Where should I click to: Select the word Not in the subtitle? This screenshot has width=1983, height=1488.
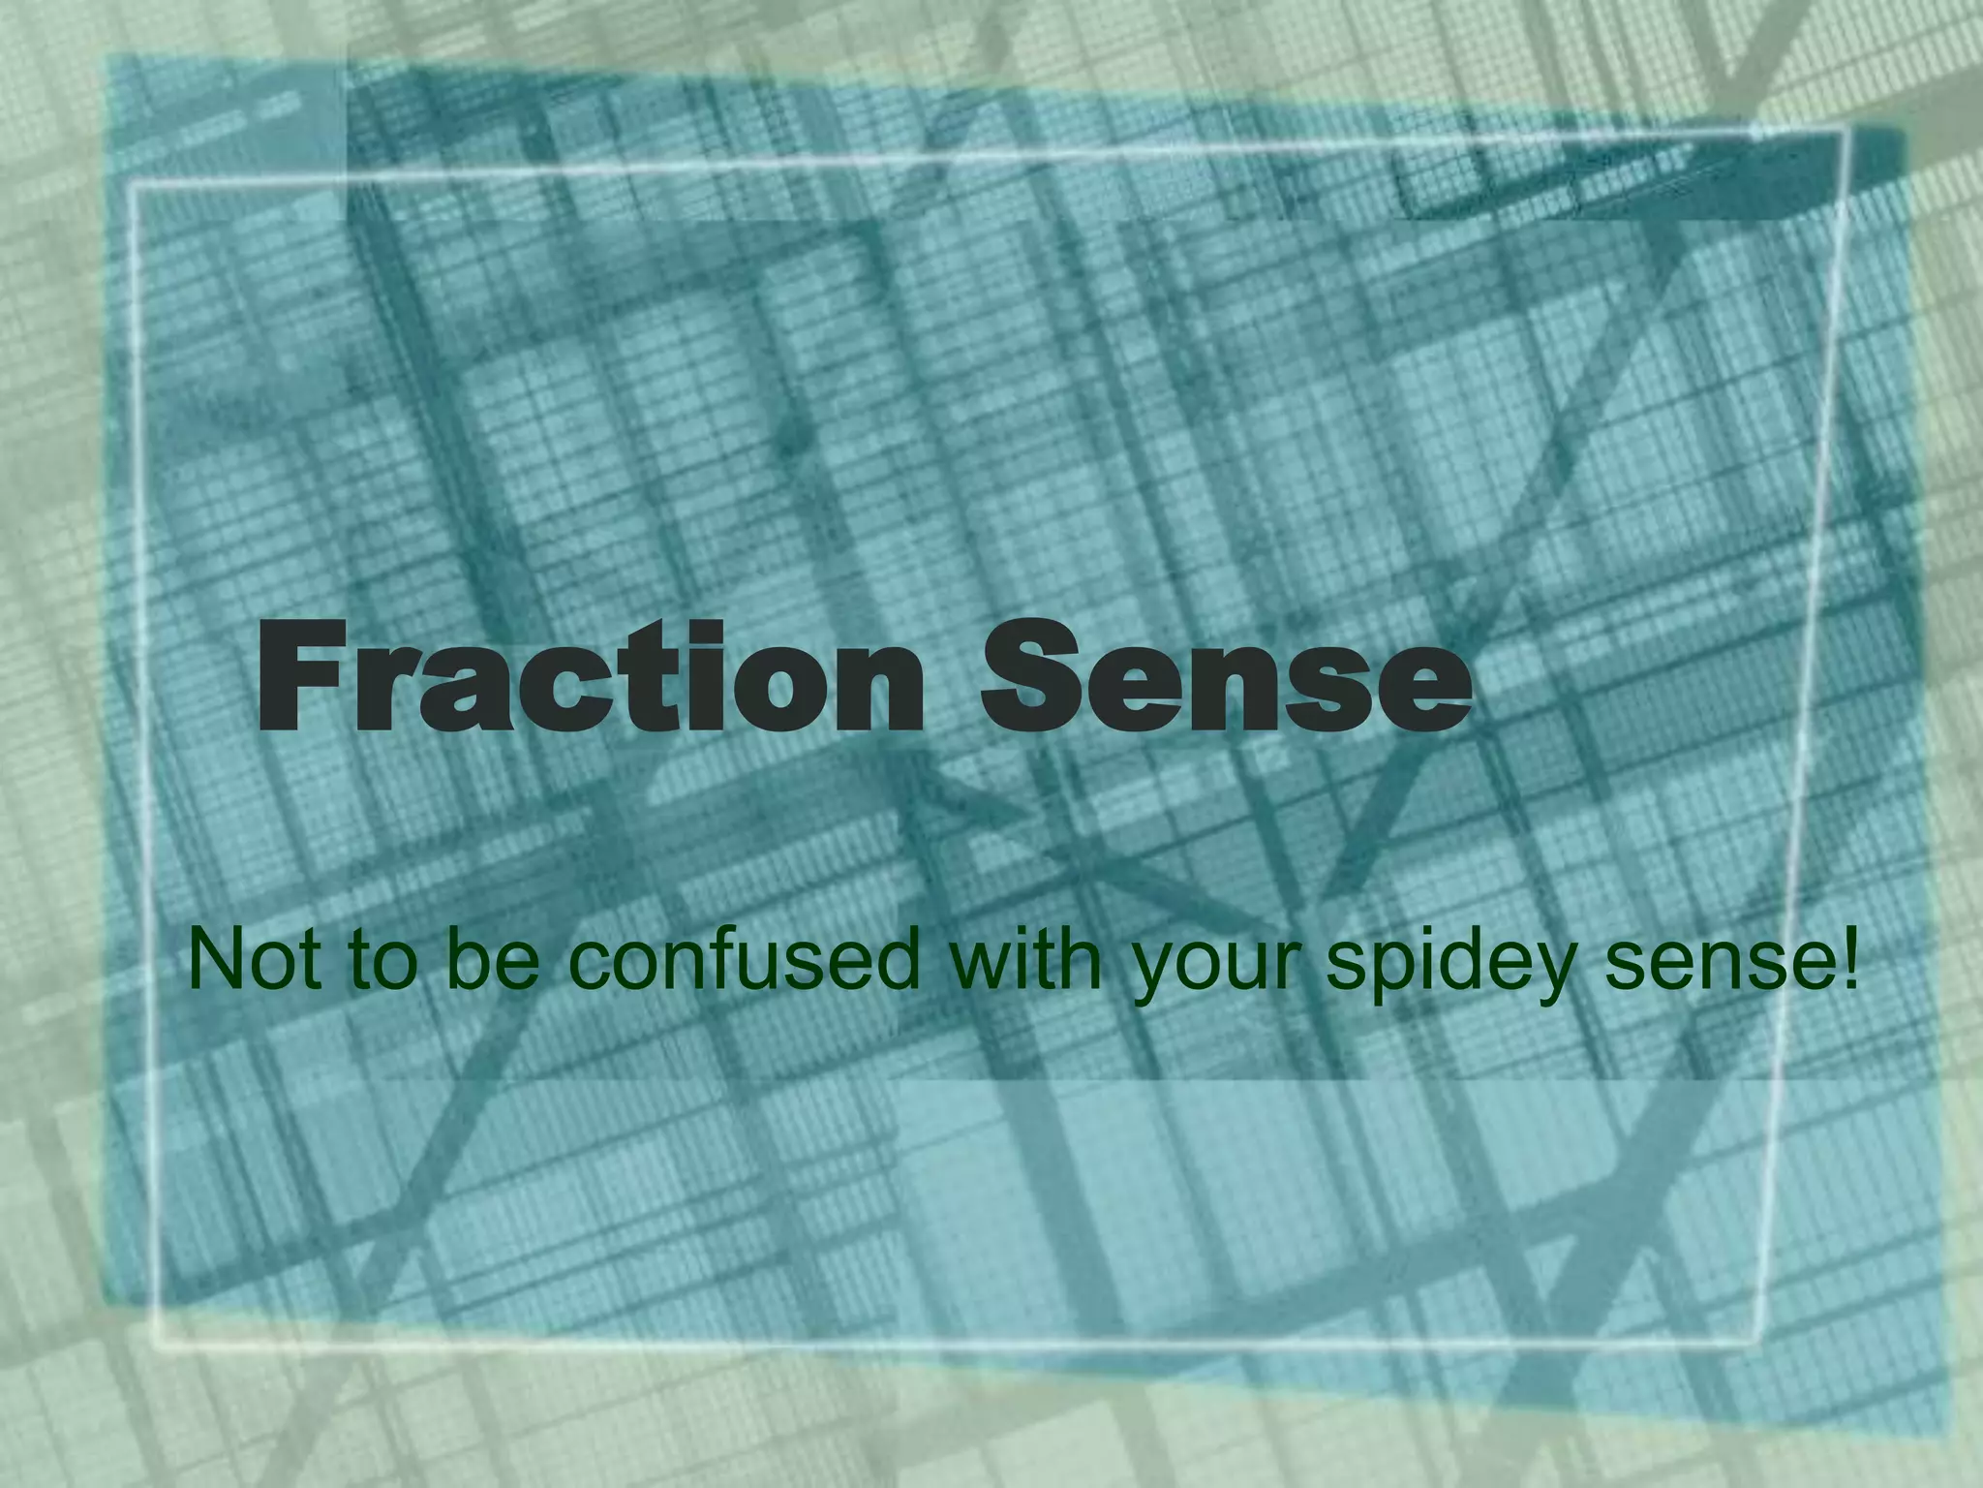click(254, 959)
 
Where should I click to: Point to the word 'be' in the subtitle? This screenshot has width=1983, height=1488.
click(492, 959)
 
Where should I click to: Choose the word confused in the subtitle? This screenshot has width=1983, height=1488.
click(742, 959)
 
